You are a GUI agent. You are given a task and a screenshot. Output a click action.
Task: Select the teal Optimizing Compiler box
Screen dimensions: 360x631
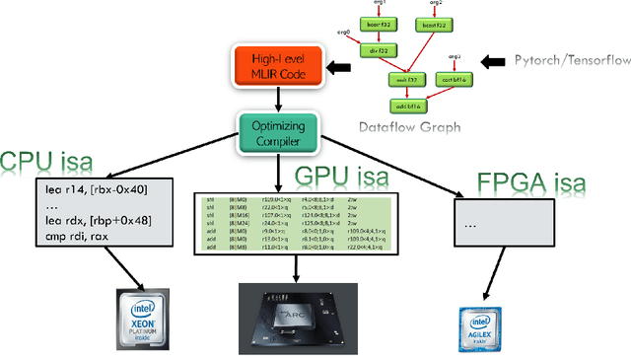pyautogui.click(x=277, y=133)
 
